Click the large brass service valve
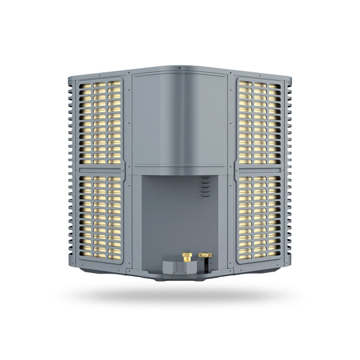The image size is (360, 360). pos(187,257)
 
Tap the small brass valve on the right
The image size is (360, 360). pos(205,255)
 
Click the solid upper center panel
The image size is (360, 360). pos(180,122)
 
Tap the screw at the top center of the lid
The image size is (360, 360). pos(180,69)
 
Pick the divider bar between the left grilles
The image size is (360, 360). pos(101,170)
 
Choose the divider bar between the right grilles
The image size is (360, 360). pos(259,170)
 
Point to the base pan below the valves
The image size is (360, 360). pos(180,276)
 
